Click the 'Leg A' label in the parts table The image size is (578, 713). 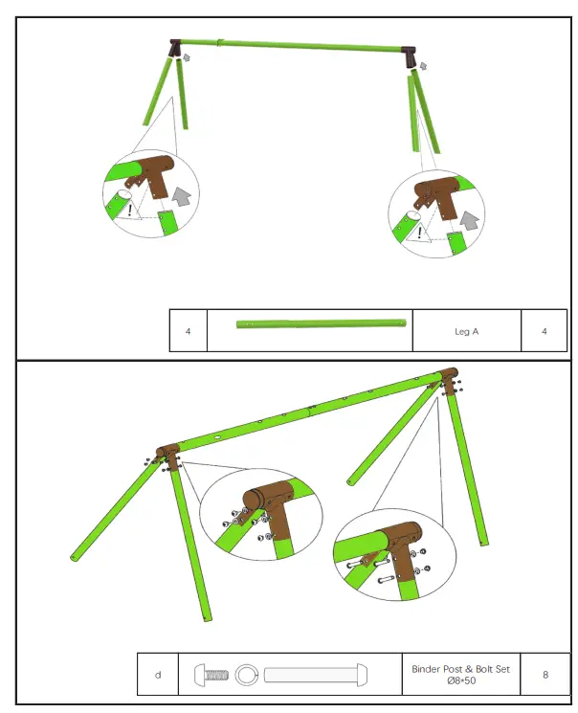[466, 331]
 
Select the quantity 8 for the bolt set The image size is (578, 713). [545, 675]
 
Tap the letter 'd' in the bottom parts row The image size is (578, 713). [158, 675]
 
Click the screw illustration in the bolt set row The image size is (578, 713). [211, 675]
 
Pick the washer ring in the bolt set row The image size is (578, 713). [246, 675]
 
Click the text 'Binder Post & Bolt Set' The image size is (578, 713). [461, 669]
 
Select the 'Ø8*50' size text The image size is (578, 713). [461, 681]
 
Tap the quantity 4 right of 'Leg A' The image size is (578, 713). [544, 331]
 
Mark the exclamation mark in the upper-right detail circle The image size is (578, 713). [418, 233]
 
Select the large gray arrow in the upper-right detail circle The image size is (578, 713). [468, 220]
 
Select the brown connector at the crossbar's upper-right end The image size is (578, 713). [448, 375]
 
